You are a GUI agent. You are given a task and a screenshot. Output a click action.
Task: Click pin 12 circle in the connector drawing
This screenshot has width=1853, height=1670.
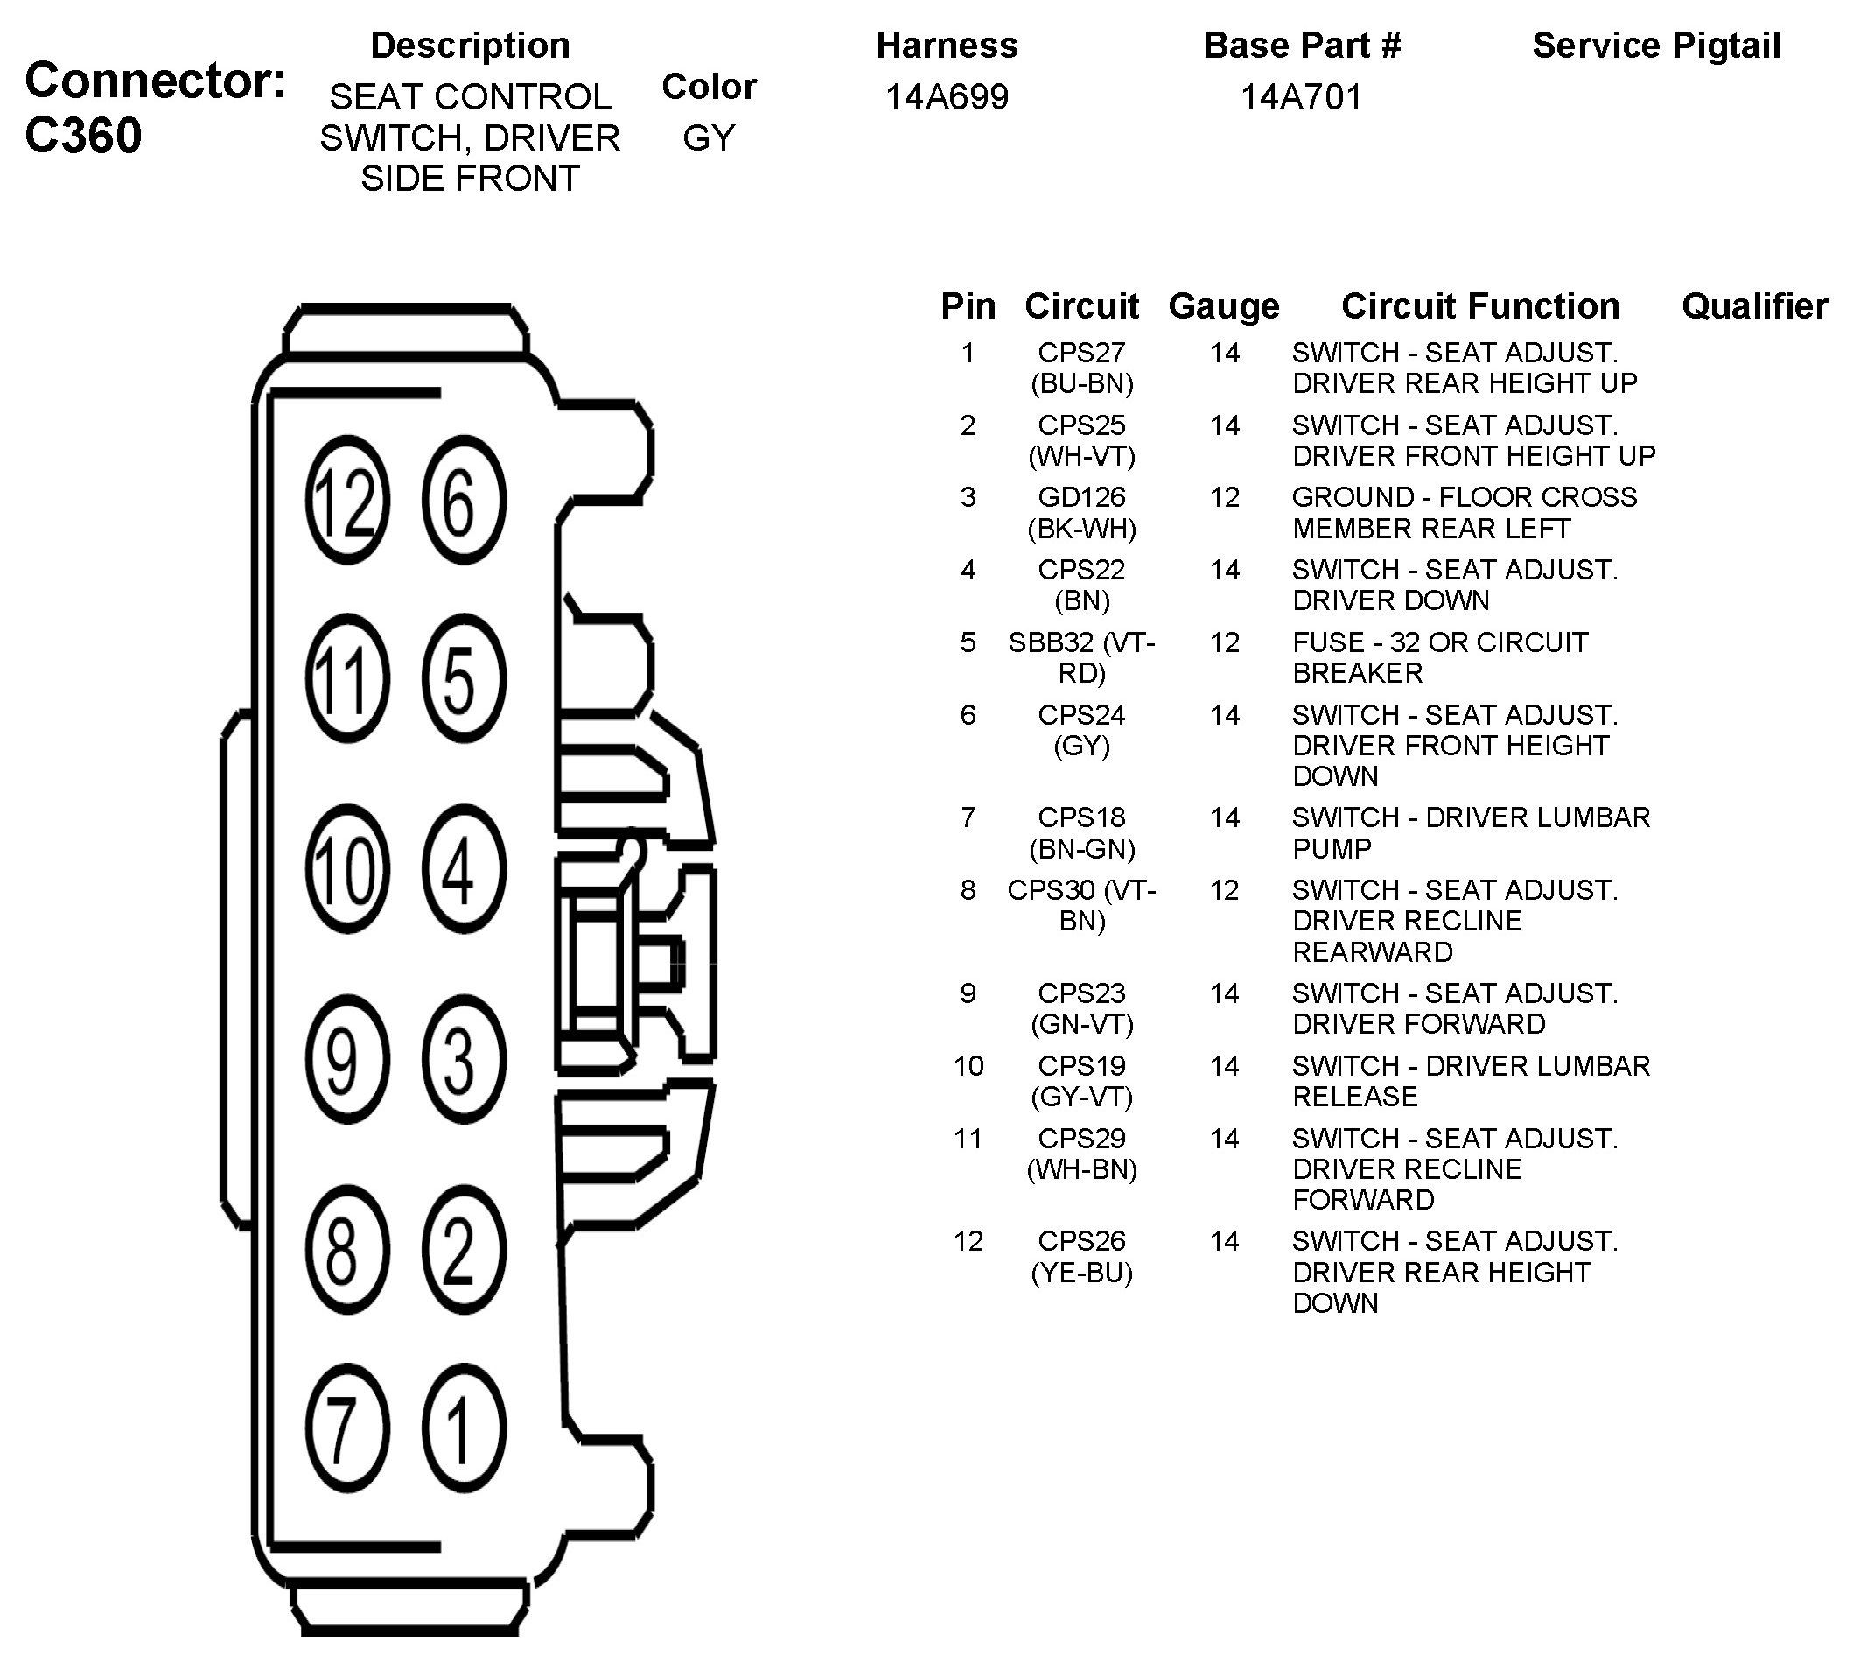point(346,500)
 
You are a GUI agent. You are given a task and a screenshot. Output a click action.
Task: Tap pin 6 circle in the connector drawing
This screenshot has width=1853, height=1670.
point(464,500)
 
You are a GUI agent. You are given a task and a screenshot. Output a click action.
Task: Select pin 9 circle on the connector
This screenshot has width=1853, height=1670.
point(346,1059)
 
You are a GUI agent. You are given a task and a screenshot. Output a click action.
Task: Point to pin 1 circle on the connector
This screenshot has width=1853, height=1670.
point(464,1428)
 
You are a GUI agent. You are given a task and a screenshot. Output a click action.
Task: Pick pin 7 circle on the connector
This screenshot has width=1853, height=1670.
point(346,1428)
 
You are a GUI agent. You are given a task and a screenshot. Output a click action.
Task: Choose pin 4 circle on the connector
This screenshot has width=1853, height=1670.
point(464,868)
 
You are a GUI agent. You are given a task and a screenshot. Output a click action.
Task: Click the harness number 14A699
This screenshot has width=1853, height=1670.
point(946,96)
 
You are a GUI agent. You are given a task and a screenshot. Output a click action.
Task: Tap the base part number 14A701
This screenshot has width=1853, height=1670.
point(1301,96)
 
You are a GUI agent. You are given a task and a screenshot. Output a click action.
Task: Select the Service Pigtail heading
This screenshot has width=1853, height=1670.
point(1656,45)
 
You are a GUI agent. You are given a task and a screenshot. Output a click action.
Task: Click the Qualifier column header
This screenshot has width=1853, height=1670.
point(1754,305)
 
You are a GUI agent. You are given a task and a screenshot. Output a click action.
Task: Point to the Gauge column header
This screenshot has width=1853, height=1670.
point(1224,305)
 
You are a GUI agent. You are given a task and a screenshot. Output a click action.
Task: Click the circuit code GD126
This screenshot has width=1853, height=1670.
point(1081,496)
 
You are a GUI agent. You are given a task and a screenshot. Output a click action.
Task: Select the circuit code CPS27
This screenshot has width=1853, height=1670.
point(1081,353)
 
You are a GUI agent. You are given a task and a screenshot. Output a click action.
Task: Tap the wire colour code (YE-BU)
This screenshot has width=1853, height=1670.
point(1081,1273)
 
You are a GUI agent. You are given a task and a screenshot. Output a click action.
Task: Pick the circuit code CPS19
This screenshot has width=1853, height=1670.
point(1081,1065)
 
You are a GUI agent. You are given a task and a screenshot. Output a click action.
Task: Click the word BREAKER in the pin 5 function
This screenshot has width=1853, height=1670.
point(1358,672)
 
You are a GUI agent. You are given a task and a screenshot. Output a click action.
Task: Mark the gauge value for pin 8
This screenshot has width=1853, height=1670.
point(1224,889)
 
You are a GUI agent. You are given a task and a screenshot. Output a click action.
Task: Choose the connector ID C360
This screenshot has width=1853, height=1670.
point(83,136)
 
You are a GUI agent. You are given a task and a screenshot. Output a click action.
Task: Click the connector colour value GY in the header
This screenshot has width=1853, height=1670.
point(708,137)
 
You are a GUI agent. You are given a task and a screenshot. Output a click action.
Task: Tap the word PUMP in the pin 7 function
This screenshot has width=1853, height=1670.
point(1332,848)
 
